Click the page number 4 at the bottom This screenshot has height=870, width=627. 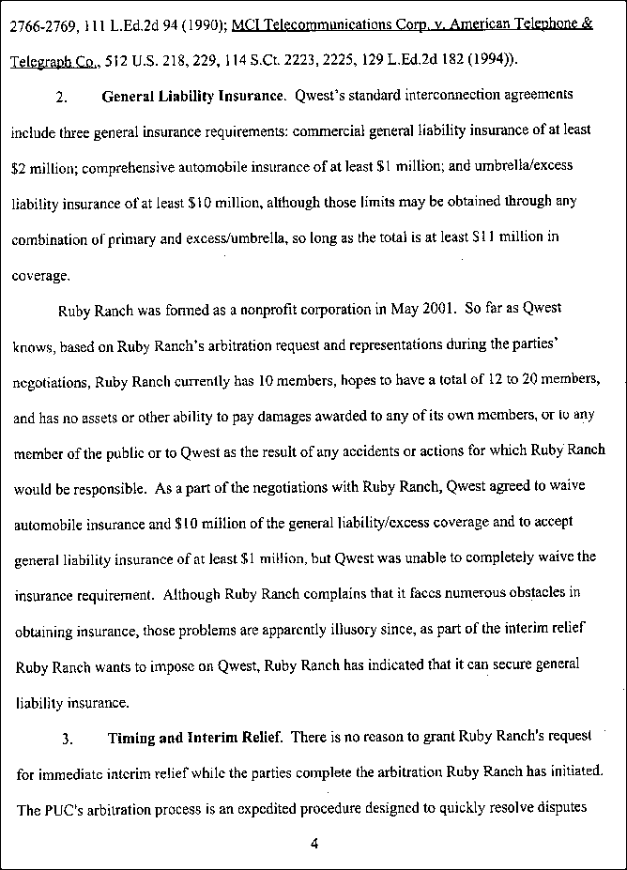(314, 843)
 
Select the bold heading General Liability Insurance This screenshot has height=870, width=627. (192, 97)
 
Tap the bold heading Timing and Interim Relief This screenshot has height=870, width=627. (194, 738)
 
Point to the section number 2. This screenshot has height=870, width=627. (61, 98)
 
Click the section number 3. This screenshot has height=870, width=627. (67, 739)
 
